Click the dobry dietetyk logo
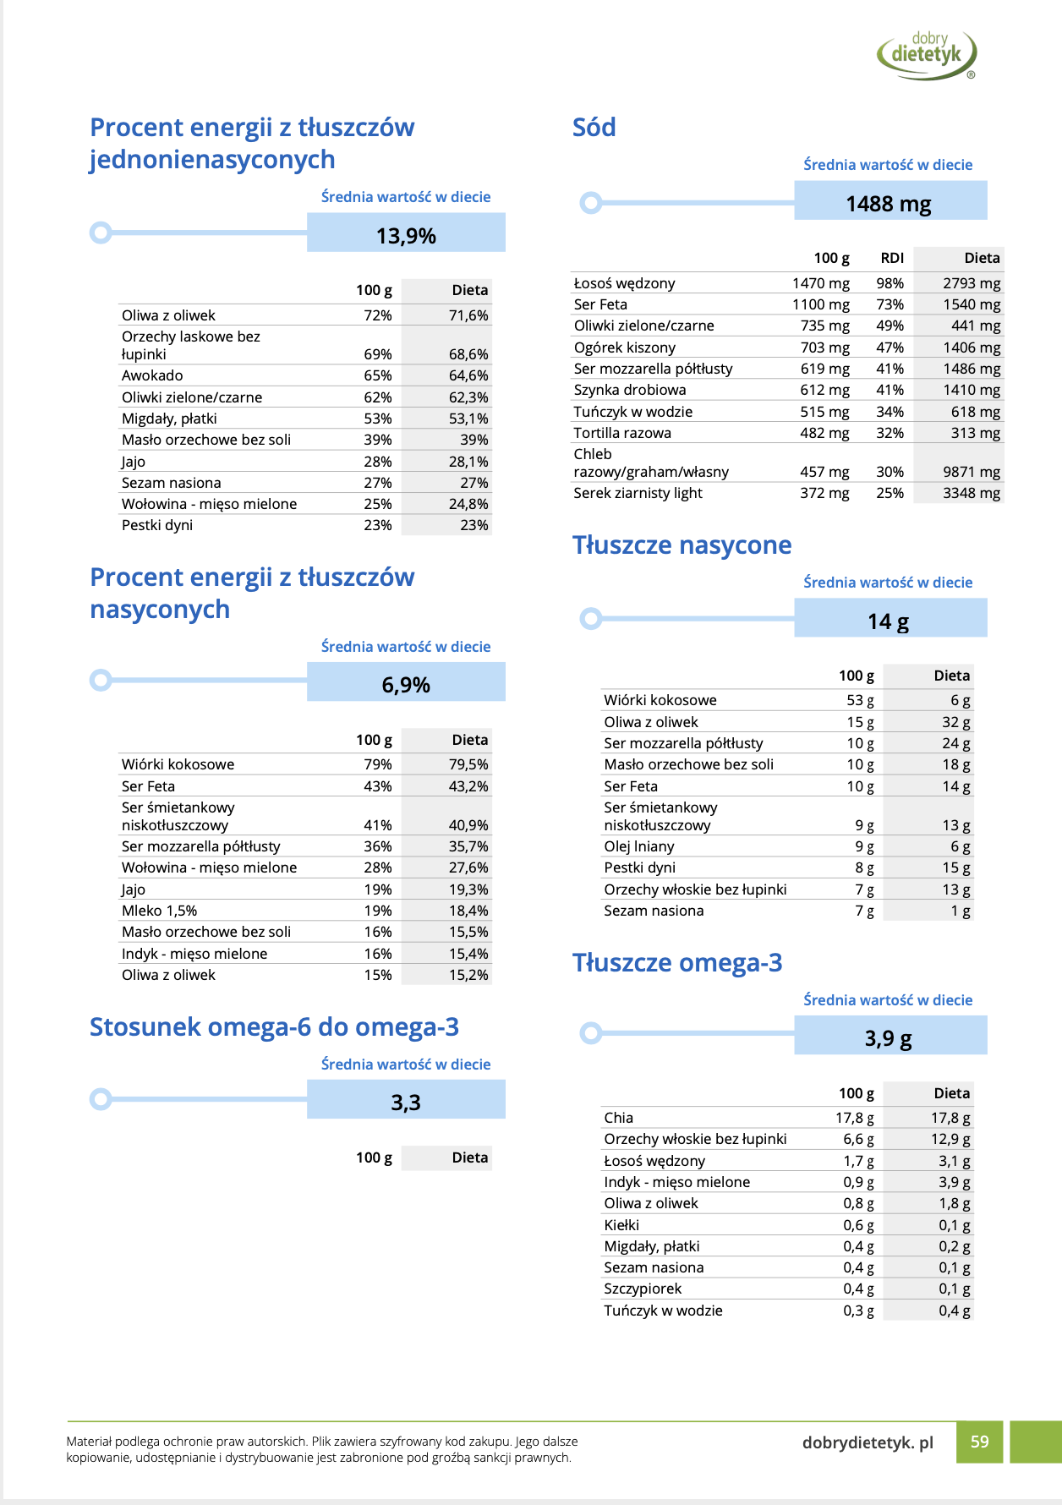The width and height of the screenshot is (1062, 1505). (x=927, y=55)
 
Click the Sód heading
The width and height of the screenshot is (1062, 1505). (x=594, y=128)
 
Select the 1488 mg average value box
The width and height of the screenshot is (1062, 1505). (x=890, y=203)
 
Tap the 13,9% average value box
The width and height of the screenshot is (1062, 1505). (x=406, y=235)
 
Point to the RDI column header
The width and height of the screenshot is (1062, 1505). (x=891, y=258)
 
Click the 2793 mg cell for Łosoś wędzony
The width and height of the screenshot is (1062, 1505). (x=972, y=283)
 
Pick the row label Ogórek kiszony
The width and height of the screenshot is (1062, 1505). (x=624, y=348)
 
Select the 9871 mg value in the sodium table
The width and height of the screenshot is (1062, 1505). (x=972, y=472)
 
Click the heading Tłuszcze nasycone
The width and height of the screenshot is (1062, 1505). (x=682, y=545)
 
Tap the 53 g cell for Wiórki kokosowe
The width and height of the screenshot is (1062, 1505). (x=860, y=700)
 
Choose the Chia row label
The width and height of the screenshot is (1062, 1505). (x=618, y=1118)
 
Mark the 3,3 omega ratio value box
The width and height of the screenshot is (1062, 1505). (x=406, y=1102)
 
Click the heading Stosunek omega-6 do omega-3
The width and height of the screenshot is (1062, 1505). (x=274, y=1027)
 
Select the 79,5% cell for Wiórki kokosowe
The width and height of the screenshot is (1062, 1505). (x=468, y=764)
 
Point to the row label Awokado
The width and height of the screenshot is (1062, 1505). (x=152, y=375)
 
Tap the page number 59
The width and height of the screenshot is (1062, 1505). (x=979, y=1442)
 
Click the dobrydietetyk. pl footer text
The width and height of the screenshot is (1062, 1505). (x=868, y=1442)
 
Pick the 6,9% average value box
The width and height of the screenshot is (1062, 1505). (x=406, y=684)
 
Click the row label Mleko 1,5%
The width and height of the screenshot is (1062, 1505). (x=159, y=911)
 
